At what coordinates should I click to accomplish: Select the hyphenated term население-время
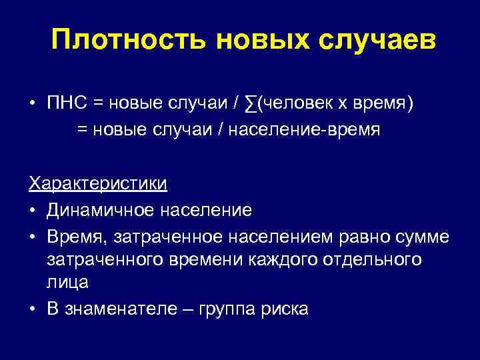point(304,130)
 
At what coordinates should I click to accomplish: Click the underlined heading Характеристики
point(97,183)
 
